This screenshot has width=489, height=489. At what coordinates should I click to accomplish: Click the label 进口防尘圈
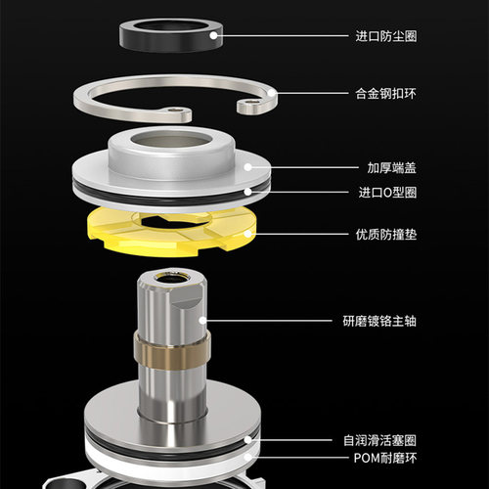tap(386, 36)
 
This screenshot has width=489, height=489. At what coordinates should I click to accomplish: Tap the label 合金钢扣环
tap(386, 94)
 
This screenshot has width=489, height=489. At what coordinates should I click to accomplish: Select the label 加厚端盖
tap(392, 168)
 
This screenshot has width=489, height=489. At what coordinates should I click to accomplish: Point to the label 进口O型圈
tap(387, 193)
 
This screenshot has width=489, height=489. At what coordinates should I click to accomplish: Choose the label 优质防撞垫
tap(386, 235)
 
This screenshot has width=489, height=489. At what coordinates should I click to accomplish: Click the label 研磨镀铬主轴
tap(379, 321)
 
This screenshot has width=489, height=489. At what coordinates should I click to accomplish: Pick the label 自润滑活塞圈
tap(380, 440)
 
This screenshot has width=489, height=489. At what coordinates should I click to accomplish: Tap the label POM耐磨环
tap(385, 458)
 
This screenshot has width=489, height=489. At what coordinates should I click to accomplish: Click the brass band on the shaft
tap(172, 352)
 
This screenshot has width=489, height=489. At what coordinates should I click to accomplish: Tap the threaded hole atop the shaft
tap(171, 278)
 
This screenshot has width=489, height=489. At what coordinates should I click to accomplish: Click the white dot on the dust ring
tap(213, 35)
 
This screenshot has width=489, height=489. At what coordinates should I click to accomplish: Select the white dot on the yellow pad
tap(248, 234)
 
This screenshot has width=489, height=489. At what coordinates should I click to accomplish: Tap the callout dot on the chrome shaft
tap(202, 321)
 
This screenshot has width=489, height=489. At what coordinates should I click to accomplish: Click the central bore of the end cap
tap(171, 141)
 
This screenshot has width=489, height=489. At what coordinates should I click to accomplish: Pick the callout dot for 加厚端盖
tap(248, 167)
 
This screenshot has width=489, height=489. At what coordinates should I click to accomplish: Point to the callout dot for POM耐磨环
tap(248, 458)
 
